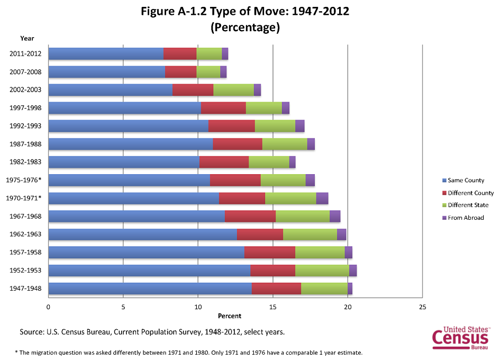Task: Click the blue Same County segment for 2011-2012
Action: tap(106, 53)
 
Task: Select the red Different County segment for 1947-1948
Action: tap(276, 289)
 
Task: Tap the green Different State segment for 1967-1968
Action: tap(302, 216)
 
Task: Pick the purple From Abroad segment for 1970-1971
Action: tap(322, 198)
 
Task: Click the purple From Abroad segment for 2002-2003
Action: tap(257, 90)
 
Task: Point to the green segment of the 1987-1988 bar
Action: tap(285, 144)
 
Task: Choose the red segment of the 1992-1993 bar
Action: tap(231, 126)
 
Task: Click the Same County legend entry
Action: tap(466, 181)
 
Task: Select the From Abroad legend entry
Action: tap(466, 218)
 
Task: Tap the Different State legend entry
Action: tap(468, 205)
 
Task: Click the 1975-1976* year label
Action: tap(24, 180)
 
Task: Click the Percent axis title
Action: tap(229, 316)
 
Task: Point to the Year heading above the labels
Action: tap(27, 38)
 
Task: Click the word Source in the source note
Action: tap(32, 332)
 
